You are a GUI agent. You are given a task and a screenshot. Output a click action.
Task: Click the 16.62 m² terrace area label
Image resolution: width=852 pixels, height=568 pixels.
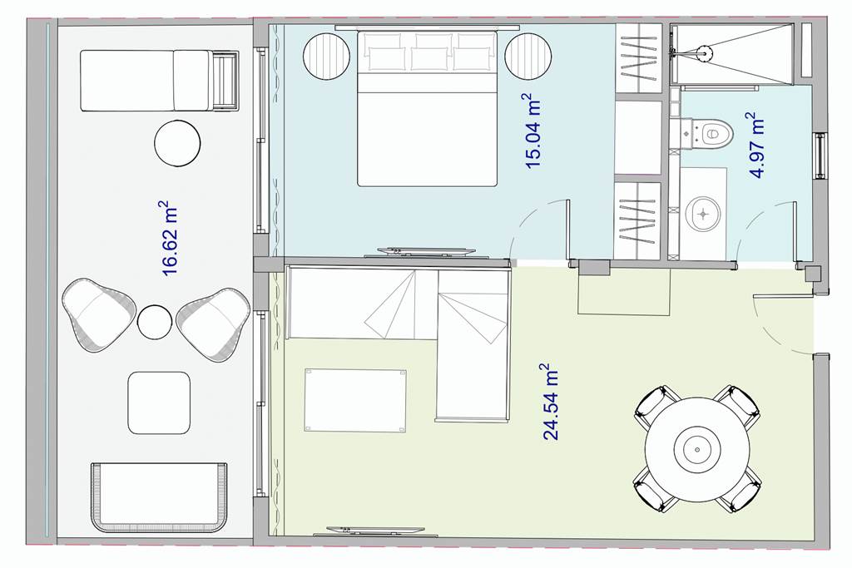[171, 239]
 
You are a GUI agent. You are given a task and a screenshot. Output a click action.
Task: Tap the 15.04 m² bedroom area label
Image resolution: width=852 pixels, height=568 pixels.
[532, 131]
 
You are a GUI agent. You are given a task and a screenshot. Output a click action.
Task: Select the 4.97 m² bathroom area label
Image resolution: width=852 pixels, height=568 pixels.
[756, 145]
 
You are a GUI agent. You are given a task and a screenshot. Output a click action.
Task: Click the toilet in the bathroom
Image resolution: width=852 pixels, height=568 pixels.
[710, 133]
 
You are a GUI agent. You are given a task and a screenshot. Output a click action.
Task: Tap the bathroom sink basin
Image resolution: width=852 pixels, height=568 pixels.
[703, 214]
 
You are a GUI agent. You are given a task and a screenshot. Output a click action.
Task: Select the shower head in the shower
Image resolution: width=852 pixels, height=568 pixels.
[705, 52]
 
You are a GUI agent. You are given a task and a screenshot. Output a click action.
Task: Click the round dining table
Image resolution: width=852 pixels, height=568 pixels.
[697, 449]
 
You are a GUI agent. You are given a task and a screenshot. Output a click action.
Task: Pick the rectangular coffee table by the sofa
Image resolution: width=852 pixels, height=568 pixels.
[354, 401]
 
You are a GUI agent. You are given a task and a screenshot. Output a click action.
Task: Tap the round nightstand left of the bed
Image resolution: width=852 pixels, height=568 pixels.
[326, 57]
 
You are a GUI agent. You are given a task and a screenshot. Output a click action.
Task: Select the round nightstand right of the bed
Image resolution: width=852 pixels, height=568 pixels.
[528, 57]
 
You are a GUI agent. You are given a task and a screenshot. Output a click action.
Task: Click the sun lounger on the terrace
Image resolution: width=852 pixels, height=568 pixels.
[160, 81]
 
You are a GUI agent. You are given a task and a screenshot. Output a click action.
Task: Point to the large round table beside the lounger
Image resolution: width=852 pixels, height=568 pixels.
[177, 143]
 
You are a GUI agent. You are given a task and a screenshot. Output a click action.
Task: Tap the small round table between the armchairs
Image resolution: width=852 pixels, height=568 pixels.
[154, 322]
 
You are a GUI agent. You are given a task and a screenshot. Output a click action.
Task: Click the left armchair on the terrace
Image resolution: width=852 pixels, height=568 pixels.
[98, 315]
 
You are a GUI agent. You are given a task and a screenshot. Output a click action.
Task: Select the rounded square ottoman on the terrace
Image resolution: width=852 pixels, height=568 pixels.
[159, 403]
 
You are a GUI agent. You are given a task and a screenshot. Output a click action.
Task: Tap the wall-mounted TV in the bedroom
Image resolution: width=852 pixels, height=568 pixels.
[427, 251]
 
